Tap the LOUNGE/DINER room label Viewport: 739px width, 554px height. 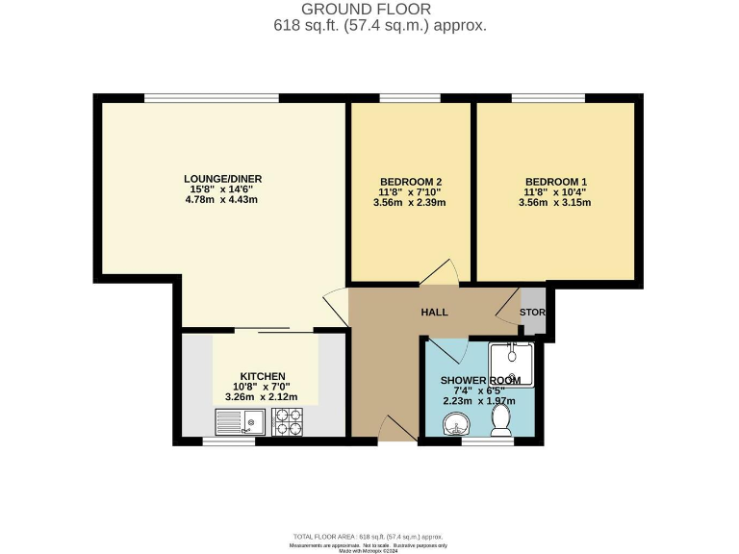pyautogui.click(x=223, y=179)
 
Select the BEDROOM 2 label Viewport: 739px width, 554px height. pyautogui.click(x=411, y=182)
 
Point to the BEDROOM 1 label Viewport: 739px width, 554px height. pyautogui.click(x=556, y=182)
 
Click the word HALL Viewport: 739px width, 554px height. pyautogui.click(x=436, y=314)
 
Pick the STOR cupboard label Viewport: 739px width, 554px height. pyautogui.click(x=532, y=314)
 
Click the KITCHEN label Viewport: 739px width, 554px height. pyautogui.click(x=263, y=376)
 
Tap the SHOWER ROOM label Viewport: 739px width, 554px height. pyautogui.click(x=480, y=381)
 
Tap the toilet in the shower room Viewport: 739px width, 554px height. pyautogui.click(x=500, y=417)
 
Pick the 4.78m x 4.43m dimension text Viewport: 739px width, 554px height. pyautogui.click(x=223, y=200)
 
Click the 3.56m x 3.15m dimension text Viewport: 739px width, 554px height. pyautogui.click(x=556, y=203)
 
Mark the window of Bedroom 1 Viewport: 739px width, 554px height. pyautogui.click(x=548, y=98)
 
